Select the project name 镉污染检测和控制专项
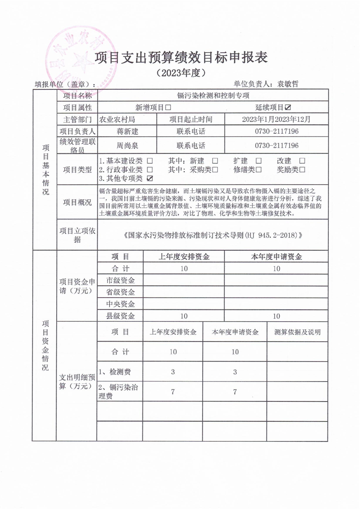(213, 96)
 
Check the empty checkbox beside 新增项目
(168, 108)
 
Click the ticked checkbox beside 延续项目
(287, 108)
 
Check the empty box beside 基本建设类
(150, 161)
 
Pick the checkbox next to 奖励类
(302, 170)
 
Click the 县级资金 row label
(120, 316)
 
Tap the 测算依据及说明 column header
(298, 332)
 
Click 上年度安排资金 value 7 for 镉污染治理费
(173, 392)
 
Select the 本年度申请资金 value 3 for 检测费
(235, 372)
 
